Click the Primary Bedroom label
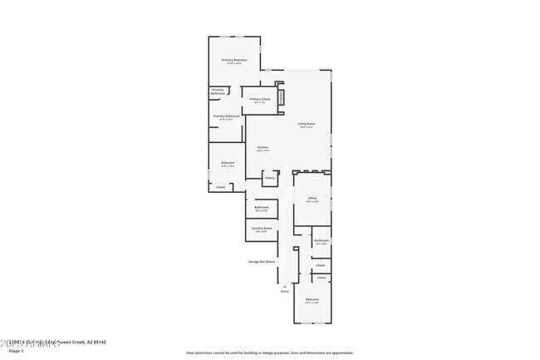point(233,60)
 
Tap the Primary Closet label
point(260,99)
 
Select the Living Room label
point(307,124)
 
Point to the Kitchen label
point(263,147)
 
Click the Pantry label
point(269,177)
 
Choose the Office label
point(312,198)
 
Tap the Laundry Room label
point(262,228)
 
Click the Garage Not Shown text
point(261,261)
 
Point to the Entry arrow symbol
point(284,284)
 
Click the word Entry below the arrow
point(284,291)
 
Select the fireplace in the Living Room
point(280,98)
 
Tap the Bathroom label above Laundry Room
point(261,207)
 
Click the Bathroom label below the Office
point(322,240)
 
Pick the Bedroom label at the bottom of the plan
point(312,298)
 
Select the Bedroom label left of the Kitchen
point(228,162)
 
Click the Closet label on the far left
point(220,187)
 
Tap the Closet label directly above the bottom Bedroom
point(321,277)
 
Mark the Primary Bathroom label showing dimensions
point(227,116)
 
